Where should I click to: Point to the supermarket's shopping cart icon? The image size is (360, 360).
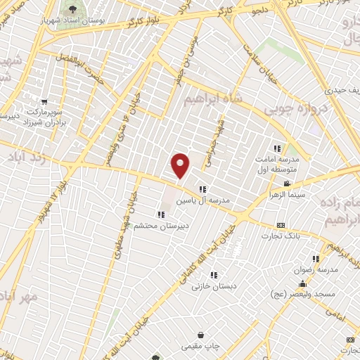(45, 101)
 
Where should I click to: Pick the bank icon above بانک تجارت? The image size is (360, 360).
(281, 225)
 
